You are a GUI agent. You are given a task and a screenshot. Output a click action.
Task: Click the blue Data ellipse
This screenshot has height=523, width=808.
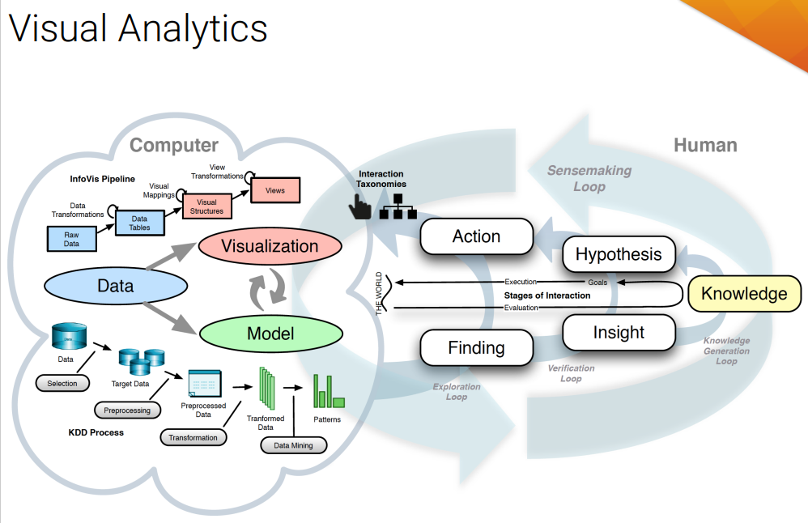coord(116,286)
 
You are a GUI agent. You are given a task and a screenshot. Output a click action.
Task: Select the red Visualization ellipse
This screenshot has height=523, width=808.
coord(270,246)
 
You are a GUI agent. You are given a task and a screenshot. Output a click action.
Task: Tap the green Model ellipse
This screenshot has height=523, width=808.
coord(270,334)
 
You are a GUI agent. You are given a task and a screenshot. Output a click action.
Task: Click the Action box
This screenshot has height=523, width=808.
coord(476,236)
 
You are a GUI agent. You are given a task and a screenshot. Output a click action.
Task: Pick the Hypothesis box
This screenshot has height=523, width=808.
coord(619,254)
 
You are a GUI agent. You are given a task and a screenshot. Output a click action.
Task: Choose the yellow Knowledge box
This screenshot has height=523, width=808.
coord(744,293)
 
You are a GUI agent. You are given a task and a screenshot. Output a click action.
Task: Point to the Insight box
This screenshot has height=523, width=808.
coord(619,332)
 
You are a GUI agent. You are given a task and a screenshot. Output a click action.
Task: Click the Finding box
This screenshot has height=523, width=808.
coord(476,348)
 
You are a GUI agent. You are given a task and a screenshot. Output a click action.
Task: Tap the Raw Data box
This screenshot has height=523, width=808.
coord(72,239)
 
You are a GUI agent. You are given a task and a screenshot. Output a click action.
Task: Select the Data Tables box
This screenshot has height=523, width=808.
coord(139,223)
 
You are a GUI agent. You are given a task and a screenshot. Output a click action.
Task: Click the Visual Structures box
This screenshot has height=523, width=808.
coord(207,206)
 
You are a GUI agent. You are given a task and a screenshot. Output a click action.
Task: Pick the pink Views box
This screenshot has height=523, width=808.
coord(274,190)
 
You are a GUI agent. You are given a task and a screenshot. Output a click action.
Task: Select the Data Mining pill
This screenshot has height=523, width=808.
coord(293,445)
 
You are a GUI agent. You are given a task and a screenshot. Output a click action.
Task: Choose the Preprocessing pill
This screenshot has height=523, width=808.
coord(128,410)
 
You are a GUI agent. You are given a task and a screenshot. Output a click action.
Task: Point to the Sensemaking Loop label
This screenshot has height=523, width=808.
coord(589,178)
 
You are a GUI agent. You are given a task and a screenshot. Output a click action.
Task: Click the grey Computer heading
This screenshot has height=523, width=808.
coord(174,145)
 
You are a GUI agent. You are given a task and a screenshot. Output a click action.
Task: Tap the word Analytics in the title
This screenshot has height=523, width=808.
coord(193,29)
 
